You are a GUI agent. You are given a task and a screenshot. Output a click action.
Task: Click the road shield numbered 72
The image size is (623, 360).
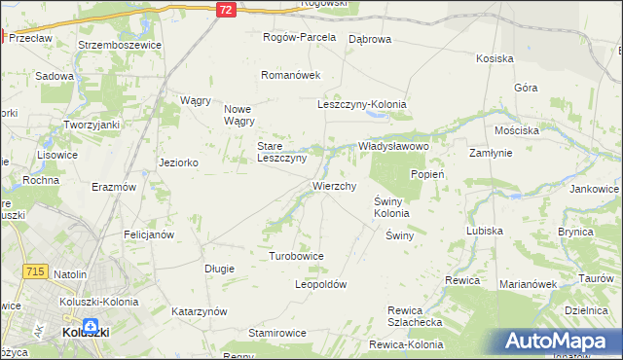(226, 9)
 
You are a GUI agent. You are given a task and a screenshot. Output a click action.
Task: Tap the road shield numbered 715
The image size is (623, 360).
(36, 273)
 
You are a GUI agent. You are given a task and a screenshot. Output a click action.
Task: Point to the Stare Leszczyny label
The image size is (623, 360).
(281, 152)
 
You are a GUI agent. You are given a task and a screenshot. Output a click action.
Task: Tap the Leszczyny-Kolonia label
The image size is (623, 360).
(361, 104)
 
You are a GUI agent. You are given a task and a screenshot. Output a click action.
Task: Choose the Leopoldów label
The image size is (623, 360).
(320, 284)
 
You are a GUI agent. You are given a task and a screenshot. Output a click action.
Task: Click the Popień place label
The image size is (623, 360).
(427, 174)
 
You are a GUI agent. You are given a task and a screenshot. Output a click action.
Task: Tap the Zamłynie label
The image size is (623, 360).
(491, 153)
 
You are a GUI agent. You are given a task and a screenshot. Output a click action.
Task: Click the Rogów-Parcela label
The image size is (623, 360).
(300, 37)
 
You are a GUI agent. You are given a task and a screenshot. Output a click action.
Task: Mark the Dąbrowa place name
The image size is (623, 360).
(369, 39)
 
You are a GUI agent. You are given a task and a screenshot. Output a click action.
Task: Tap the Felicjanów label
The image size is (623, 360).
(148, 234)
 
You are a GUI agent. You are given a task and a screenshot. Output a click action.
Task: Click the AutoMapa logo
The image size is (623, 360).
(558, 341)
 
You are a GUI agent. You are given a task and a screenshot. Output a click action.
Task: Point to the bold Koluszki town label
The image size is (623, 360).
(85, 332)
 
